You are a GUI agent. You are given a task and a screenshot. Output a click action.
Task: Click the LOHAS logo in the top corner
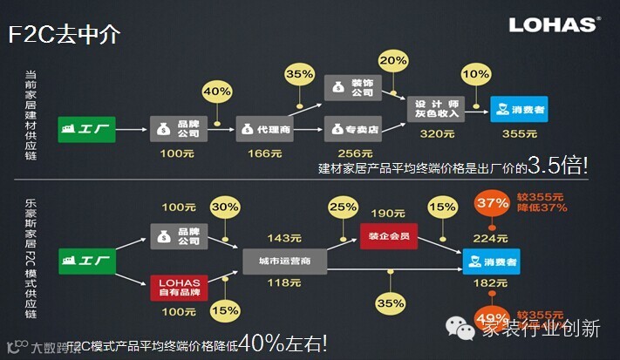click(x=554, y=23)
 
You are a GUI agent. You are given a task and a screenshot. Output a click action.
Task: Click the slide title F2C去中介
click(x=64, y=34)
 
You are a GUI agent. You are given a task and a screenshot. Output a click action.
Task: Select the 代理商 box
click(x=265, y=129)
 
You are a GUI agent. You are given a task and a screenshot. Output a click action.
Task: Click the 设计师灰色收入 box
click(x=438, y=109)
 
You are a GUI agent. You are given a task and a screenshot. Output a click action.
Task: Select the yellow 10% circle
click(x=474, y=74)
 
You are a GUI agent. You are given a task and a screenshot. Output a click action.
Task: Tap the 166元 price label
click(x=264, y=153)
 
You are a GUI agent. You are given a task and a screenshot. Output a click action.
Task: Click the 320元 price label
click(x=437, y=133)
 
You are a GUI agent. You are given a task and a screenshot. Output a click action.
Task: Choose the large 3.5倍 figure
click(x=555, y=166)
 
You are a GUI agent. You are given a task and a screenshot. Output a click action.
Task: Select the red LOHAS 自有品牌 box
click(x=179, y=287)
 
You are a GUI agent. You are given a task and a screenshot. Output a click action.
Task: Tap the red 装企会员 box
click(x=387, y=234)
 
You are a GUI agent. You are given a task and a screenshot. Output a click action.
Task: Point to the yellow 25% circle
click(x=342, y=208)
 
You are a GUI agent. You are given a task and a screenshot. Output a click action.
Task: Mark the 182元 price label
click(x=488, y=283)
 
